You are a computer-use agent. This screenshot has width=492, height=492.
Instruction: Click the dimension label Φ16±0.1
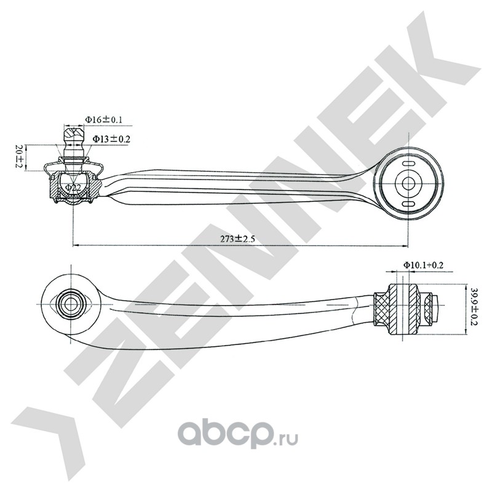click(103, 119)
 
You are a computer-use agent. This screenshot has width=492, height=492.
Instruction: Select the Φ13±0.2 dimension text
click(111, 139)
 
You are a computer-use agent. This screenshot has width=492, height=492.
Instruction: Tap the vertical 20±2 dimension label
click(20, 156)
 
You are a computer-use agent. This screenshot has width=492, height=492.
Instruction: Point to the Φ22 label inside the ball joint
click(73, 188)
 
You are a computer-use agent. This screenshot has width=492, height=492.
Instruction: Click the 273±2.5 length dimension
click(237, 239)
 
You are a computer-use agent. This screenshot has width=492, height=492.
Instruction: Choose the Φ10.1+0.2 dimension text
click(423, 265)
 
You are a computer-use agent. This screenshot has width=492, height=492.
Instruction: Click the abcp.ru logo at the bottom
click(237, 435)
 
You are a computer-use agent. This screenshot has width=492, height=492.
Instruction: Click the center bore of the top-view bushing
click(408, 183)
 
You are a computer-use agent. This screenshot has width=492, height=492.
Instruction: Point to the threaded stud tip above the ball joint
click(74, 134)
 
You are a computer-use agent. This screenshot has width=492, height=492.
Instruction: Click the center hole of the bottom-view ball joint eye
click(71, 304)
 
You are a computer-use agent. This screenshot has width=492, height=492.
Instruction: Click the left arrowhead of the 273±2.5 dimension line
click(75, 245)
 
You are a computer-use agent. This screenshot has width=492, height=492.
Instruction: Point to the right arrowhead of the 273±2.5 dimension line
click(405, 245)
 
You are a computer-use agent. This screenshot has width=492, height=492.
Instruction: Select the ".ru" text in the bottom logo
click(285, 440)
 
